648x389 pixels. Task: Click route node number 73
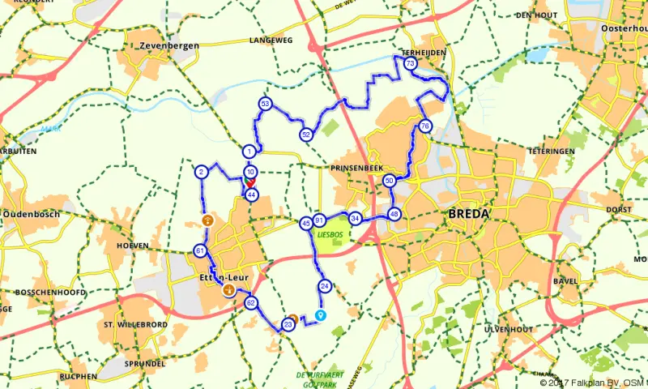coord(410,63)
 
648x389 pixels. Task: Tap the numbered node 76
coord(424,126)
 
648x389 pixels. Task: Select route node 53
coord(264,104)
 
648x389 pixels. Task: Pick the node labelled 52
coord(305,134)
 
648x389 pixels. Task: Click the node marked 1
coord(249,151)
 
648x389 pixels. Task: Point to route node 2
coord(200,171)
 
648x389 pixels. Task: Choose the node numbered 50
coord(390,181)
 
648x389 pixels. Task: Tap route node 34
coord(355,218)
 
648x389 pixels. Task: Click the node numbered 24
coord(325,285)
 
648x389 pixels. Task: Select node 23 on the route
coord(288,325)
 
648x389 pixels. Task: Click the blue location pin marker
coord(320,314)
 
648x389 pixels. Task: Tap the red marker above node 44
coord(251,184)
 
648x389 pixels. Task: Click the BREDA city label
coord(467,214)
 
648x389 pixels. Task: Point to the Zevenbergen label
coord(169,46)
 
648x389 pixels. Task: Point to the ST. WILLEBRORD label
coord(135,324)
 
